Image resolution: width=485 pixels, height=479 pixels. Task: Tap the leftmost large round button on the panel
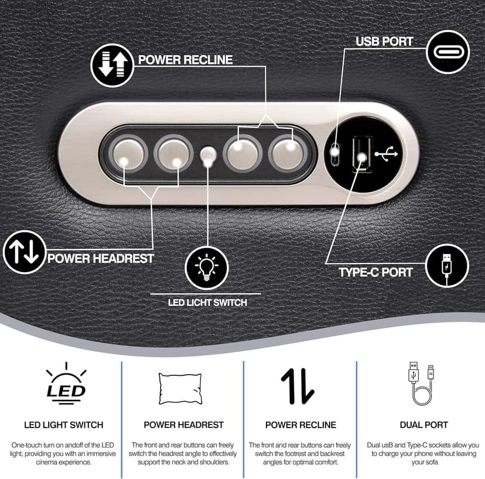tap(128, 153)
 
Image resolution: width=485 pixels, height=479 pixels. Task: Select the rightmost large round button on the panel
tap(288, 153)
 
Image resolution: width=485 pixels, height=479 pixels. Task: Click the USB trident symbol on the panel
tap(387, 153)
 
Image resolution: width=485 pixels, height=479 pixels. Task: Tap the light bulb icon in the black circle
tap(207, 268)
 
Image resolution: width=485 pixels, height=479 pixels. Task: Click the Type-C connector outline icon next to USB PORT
tap(448, 52)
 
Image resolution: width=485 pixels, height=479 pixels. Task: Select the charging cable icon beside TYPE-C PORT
tap(447, 265)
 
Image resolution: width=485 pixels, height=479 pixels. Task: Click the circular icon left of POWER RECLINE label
tap(112, 65)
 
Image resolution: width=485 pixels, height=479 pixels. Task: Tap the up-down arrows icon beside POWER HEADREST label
tap(25, 252)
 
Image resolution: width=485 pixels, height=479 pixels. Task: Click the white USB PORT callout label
tap(384, 42)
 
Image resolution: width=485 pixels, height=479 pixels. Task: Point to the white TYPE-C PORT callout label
tap(376, 272)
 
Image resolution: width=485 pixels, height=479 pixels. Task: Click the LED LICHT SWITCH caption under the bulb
tap(207, 302)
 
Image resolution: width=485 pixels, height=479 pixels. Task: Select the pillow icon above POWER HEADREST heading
tap(180, 389)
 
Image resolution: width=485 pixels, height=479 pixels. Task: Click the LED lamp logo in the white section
tap(66, 384)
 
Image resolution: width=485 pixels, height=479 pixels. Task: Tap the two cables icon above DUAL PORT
tap(422, 384)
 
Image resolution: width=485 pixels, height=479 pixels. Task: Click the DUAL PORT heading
tap(423, 425)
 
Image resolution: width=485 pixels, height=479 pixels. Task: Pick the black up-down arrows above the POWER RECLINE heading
tap(298, 386)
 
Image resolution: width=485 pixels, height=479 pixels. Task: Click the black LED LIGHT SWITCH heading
tap(64, 425)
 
